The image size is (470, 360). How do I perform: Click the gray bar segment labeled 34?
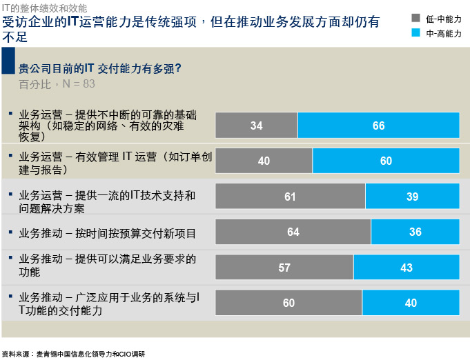[256, 126]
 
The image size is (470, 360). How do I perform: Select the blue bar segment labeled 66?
[378, 126]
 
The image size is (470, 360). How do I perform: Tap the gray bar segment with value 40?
[264, 161]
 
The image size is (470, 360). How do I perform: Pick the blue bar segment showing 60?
[386, 161]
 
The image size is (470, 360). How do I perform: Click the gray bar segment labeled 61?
[290, 197]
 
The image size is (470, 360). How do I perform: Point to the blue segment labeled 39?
[412, 197]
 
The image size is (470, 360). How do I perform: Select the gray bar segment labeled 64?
[293, 232]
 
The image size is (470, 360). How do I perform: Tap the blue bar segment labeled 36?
[415, 232]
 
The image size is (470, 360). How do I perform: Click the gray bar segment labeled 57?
[284, 268]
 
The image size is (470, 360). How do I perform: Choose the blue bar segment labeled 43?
[407, 268]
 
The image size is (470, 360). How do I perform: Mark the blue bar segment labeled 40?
[411, 303]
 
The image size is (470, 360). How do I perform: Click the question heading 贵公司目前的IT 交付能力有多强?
[100, 68]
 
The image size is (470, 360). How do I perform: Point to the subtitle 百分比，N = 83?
[57, 84]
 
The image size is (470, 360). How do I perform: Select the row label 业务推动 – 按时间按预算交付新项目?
[108, 233]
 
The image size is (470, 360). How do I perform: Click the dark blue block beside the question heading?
[8, 61]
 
